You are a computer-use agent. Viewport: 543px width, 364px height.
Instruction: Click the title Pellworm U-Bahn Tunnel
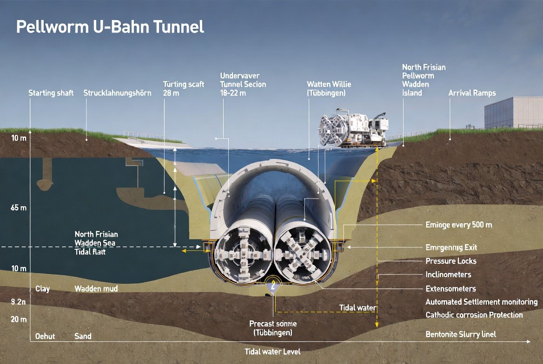point(110,26)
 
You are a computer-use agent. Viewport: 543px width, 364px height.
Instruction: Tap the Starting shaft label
point(51,93)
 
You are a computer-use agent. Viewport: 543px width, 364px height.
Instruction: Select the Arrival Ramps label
point(472,93)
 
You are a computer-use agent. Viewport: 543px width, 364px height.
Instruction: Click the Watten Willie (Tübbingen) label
point(329,88)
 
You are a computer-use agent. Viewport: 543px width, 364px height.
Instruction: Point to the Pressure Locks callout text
point(450,261)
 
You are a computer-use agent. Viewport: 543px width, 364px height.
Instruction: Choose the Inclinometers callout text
point(448,274)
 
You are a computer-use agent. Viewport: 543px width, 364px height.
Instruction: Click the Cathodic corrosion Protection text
point(474,315)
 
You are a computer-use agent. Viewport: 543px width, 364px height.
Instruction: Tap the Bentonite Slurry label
point(461,334)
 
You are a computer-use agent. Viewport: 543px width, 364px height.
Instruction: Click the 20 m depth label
point(19,319)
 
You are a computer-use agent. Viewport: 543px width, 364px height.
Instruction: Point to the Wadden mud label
point(96,289)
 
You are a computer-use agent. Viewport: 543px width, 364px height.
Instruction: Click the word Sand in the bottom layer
point(83,336)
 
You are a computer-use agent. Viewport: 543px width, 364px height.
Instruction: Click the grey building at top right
point(513,112)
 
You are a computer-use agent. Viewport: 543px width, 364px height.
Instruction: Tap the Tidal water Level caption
point(272,351)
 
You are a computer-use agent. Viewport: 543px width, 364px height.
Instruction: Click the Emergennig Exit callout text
point(451,247)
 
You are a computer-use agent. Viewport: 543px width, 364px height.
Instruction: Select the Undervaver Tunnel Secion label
point(243,84)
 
